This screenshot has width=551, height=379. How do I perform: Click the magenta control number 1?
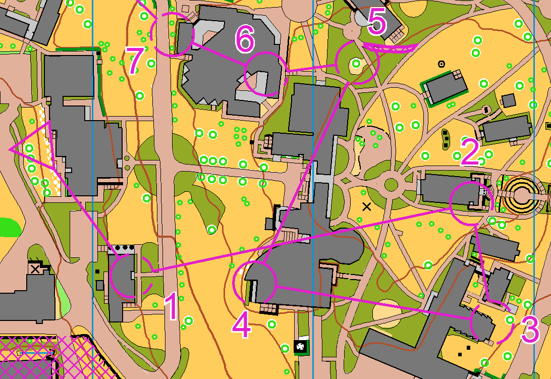(172, 308)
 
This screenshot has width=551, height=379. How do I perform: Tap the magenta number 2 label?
(469, 152)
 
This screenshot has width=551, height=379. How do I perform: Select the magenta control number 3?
(530, 331)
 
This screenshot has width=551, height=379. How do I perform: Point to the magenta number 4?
(241, 326)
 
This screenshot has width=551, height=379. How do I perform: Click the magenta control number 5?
(377, 23)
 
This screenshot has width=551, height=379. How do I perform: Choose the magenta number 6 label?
(245, 40)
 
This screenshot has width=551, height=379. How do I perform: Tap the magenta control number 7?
(134, 62)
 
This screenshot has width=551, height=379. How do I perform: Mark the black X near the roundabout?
(367, 206)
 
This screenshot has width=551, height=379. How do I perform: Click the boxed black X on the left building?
(35, 268)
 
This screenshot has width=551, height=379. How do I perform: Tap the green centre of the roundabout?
(391, 184)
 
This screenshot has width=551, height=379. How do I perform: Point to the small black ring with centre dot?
(442, 64)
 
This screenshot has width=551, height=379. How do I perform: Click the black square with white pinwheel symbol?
(301, 346)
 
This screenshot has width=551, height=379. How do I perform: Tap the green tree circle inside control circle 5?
(357, 64)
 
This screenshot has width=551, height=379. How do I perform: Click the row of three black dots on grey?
(121, 248)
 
